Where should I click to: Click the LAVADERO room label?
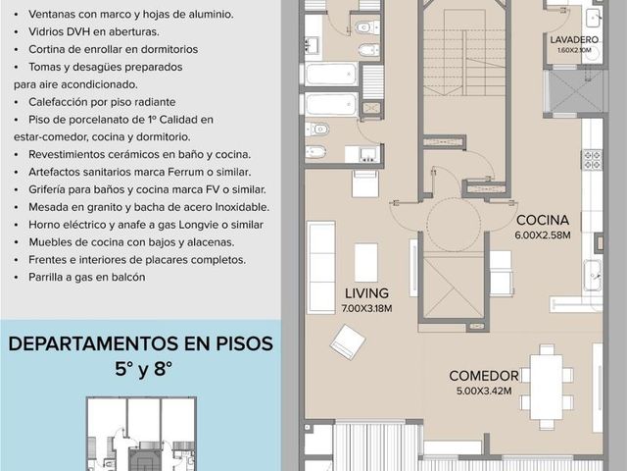[574, 39]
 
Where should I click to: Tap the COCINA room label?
[542, 220]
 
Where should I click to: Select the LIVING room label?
[366, 293]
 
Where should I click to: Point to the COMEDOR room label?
[484, 376]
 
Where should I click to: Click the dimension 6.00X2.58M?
[543, 235]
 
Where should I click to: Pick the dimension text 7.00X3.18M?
[366, 308]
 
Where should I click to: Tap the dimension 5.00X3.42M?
[484, 391]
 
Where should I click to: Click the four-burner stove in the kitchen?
[592, 160]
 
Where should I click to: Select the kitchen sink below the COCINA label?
[593, 275]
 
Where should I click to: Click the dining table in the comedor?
[547, 386]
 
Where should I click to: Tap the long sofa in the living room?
[321, 267]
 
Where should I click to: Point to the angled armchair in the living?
[348, 341]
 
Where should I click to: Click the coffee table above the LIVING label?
[365, 262]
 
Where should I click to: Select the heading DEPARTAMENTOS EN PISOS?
[141, 344]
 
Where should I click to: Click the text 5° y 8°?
[144, 369]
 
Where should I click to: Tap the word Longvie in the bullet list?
[196, 225]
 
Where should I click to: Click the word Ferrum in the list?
[185, 173]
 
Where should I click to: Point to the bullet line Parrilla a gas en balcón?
[87, 277]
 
